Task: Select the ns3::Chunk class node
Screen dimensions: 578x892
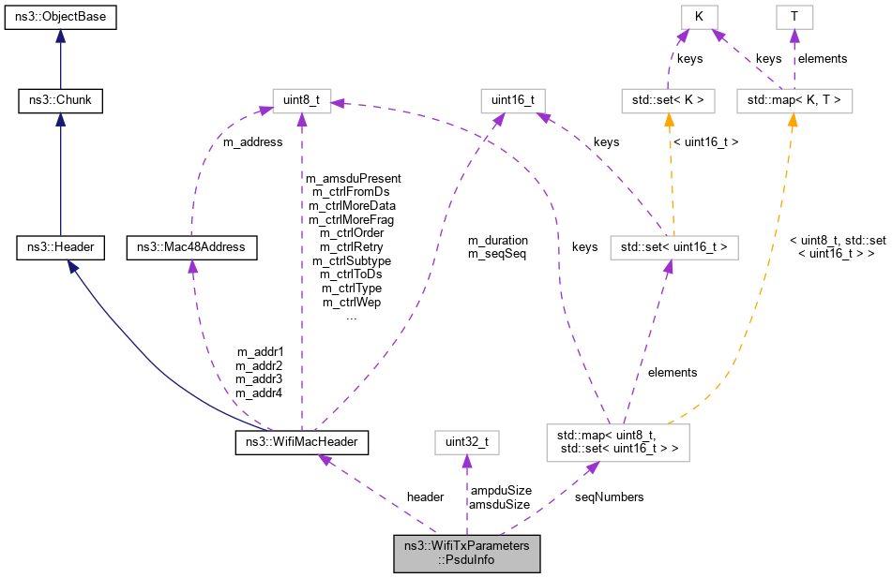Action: (x=60, y=100)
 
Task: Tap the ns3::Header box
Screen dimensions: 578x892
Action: (x=60, y=247)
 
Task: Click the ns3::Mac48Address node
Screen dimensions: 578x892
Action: (x=191, y=247)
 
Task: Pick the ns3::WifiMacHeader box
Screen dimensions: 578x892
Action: (x=301, y=440)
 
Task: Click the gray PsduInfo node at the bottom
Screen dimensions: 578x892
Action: (x=466, y=554)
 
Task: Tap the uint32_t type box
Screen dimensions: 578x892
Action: (x=466, y=440)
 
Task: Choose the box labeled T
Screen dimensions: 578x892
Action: (x=794, y=18)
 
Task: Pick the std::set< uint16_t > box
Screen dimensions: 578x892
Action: (x=668, y=247)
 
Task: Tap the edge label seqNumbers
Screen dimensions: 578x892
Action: (x=609, y=496)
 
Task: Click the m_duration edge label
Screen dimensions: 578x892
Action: (x=497, y=240)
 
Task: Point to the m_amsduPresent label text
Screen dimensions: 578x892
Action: (x=353, y=178)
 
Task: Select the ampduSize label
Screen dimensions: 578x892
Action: (x=500, y=490)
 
